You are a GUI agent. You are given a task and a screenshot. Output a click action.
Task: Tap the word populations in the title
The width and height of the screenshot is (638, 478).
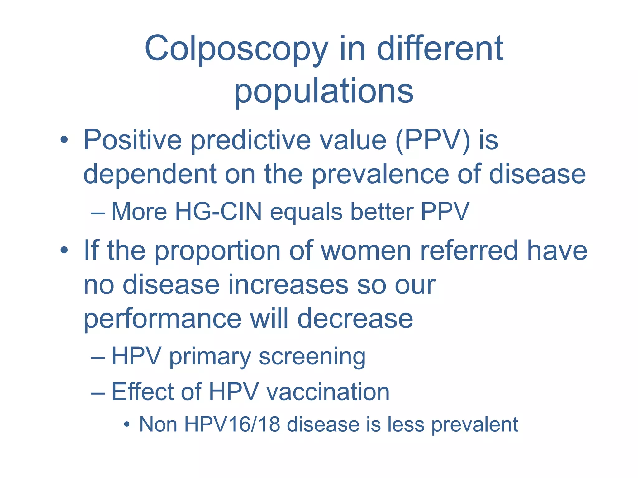click(324, 91)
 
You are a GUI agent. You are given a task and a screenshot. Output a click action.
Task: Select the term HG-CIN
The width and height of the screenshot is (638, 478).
click(218, 212)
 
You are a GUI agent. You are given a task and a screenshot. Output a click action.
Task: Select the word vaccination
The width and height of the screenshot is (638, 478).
click(328, 391)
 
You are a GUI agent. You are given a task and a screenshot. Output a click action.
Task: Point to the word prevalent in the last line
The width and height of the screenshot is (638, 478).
click(474, 425)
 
